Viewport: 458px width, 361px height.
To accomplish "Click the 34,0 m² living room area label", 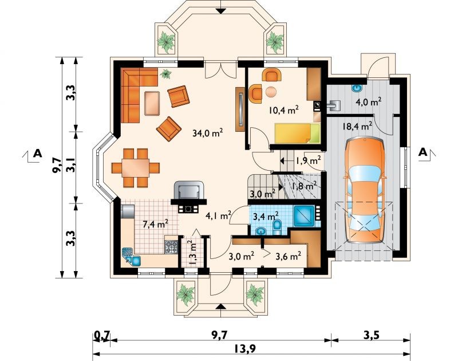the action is click(x=208, y=133).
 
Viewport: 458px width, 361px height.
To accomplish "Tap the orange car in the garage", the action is click(x=365, y=191).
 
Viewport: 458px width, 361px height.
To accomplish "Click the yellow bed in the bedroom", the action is click(x=297, y=134).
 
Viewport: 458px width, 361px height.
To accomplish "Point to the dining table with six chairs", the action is click(x=136, y=168).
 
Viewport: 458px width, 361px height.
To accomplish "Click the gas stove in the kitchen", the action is click(x=171, y=247).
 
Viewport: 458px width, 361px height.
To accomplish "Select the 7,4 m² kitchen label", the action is click(x=155, y=224).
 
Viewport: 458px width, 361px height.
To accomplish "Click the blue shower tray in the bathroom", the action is click(x=304, y=216).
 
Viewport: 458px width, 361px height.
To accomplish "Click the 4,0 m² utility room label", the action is click(x=369, y=102).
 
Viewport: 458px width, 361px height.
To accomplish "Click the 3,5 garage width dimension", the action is click(x=372, y=335).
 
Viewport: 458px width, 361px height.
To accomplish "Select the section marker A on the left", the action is click(x=37, y=153).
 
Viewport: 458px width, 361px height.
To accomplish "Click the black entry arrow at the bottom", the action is click(x=222, y=306).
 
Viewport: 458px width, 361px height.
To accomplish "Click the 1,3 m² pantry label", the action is click(x=192, y=253).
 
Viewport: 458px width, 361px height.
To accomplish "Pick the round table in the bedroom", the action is click(x=271, y=92).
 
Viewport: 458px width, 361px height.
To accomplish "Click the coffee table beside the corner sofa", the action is click(x=152, y=103).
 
